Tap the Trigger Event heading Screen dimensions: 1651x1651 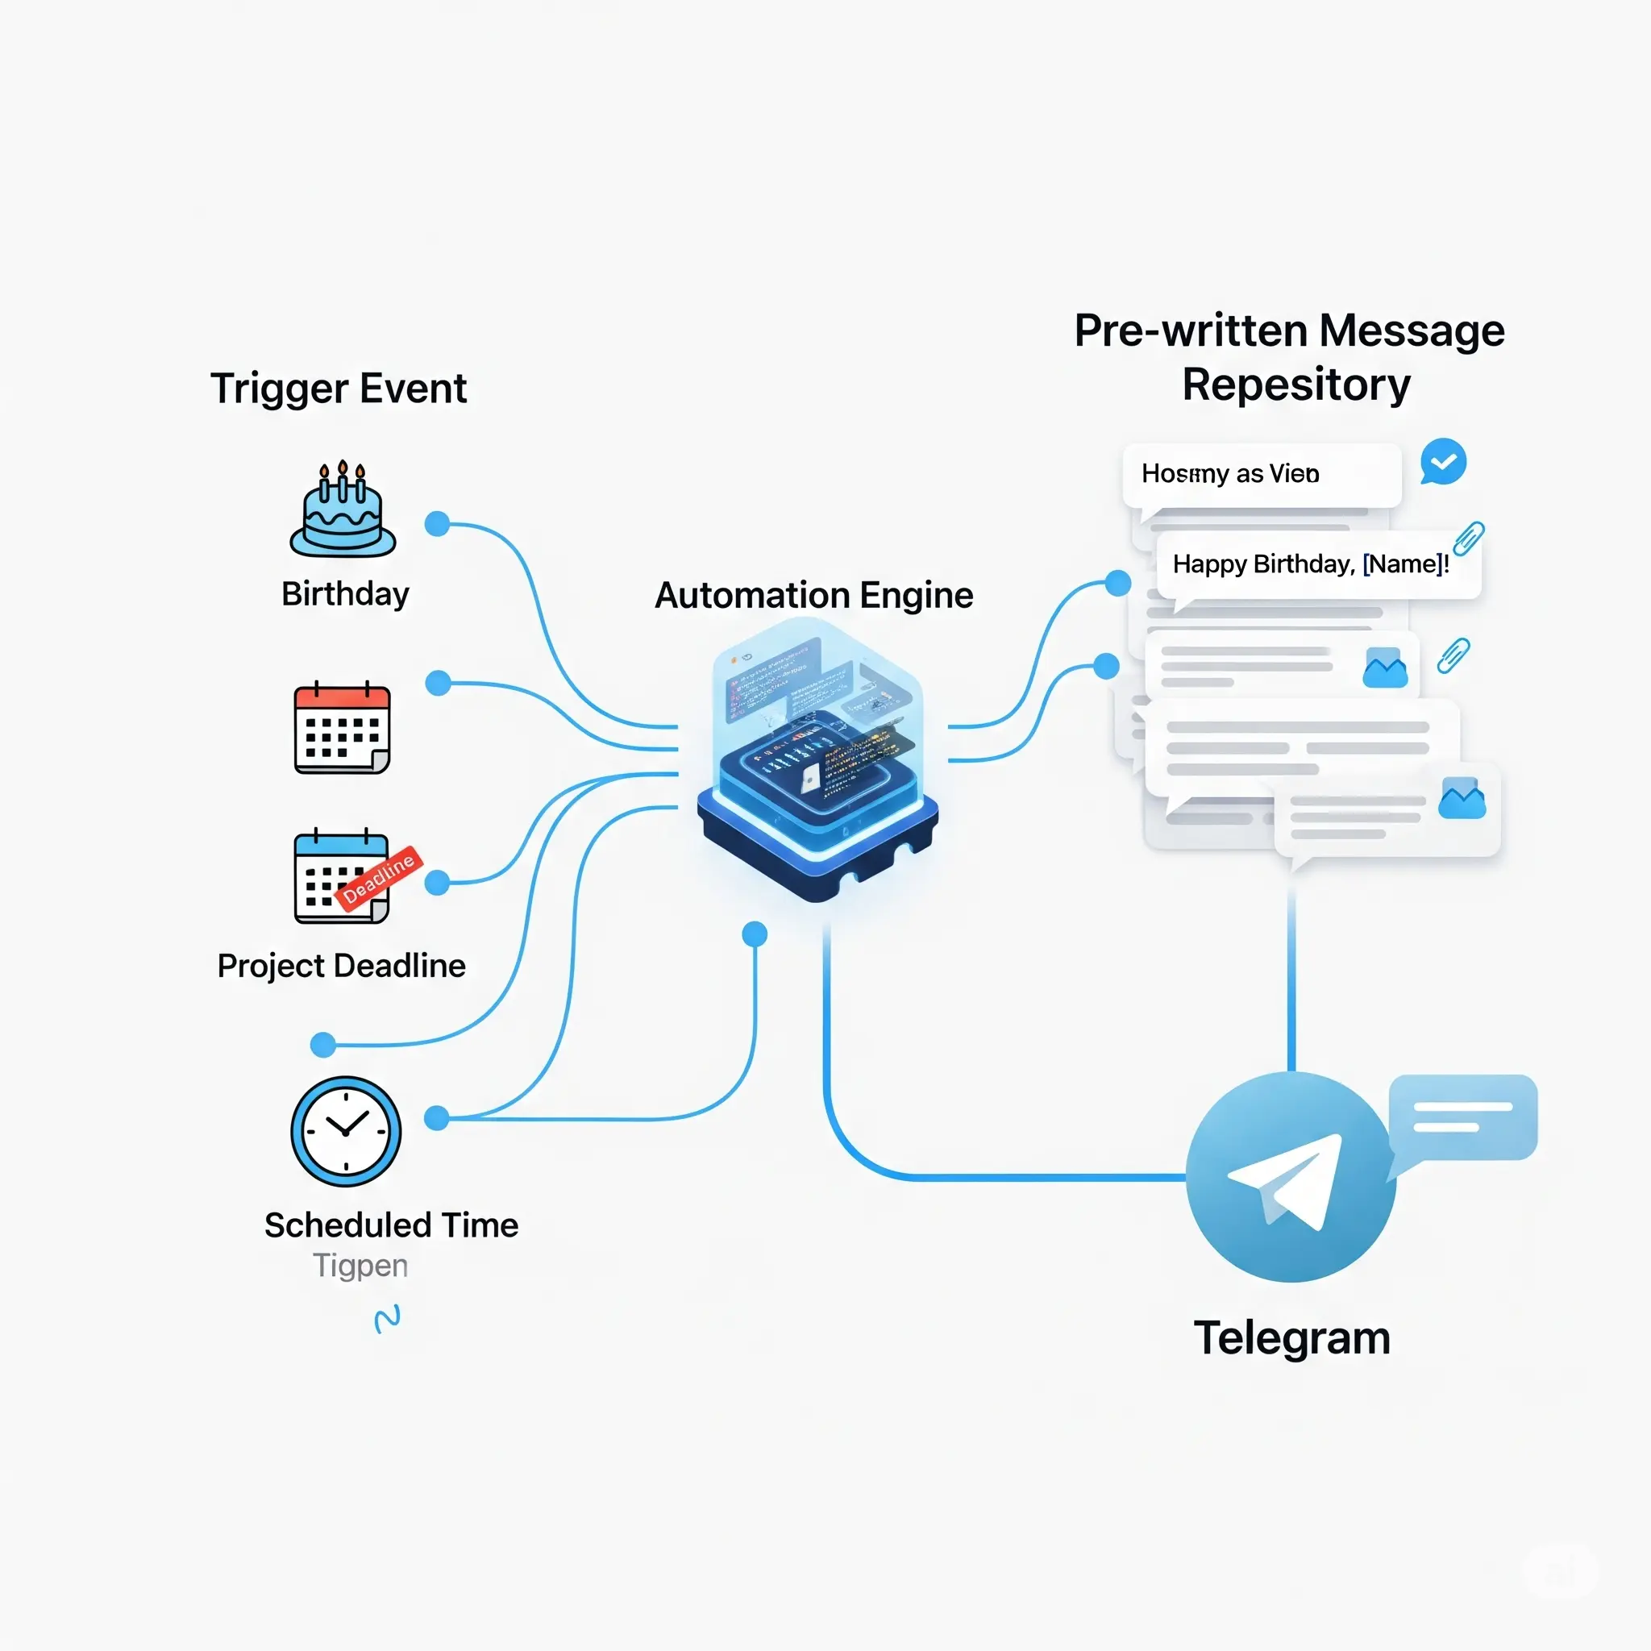(x=339, y=389)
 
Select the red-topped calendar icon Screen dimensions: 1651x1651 (x=342, y=729)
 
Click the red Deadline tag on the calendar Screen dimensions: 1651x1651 (x=379, y=877)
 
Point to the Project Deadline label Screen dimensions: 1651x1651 (x=341, y=966)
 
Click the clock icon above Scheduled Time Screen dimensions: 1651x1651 (x=345, y=1130)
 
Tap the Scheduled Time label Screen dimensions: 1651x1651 (x=390, y=1225)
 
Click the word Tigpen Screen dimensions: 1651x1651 (x=360, y=1265)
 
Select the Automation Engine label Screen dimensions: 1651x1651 (x=813, y=595)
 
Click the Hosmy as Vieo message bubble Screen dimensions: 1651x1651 (x=1262, y=473)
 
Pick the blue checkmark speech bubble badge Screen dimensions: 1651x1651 (x=1443, y=462)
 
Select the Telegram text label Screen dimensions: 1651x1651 (x=1291, y=1337)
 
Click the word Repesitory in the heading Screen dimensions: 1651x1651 (x=1295, y=385)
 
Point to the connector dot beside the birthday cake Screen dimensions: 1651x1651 (x=438, y=524)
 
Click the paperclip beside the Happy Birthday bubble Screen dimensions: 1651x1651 (x=1468, y=539)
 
